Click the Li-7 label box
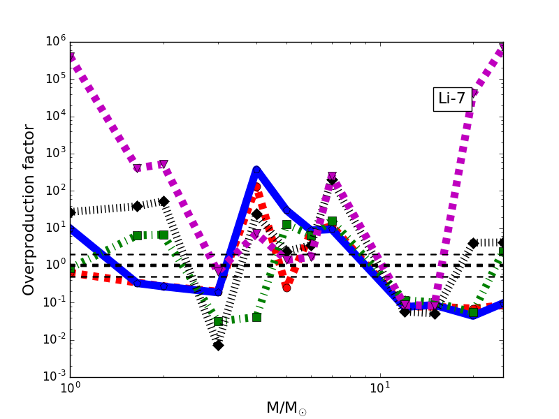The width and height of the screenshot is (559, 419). tap(451, 99)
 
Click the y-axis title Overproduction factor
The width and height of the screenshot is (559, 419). tap(29, 209)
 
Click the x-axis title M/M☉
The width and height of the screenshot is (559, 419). tap(286, 408)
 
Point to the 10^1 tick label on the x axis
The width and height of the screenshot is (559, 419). tap(380, 388)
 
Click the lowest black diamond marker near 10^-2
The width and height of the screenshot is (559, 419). tap(218, 345)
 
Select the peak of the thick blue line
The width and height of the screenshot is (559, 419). tap(256, 170)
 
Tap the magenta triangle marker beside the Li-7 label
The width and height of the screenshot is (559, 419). tap(473, 94)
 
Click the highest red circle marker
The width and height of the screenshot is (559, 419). tap(256, 186)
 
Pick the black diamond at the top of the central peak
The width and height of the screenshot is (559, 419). tap(332, 179)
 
